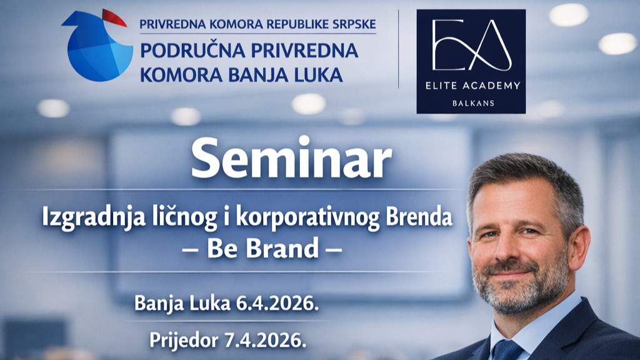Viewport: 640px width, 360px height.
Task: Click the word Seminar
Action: tap(291, 159)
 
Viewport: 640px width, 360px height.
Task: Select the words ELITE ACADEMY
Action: tap(471, 86)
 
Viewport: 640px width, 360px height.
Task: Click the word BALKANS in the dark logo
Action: tap(471, 103)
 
